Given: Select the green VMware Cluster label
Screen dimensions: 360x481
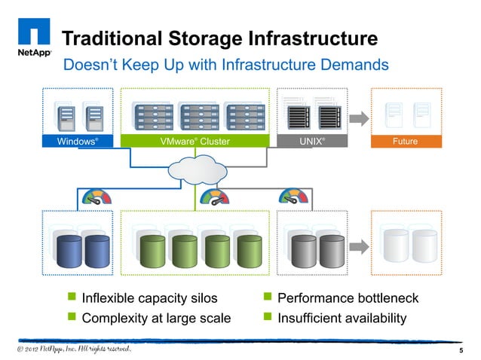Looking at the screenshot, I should coord(195,141).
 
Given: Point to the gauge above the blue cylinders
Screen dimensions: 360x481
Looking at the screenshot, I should coord(96,198).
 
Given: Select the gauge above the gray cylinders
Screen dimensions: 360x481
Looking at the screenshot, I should coord(294,197).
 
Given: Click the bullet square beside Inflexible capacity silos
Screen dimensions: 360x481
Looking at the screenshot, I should coord(72,299).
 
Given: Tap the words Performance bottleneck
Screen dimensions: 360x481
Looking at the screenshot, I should coord(348,299).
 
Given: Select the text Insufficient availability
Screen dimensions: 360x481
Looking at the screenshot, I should coord(342,319).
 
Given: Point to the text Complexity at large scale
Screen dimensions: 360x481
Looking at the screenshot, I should coord(155,319).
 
